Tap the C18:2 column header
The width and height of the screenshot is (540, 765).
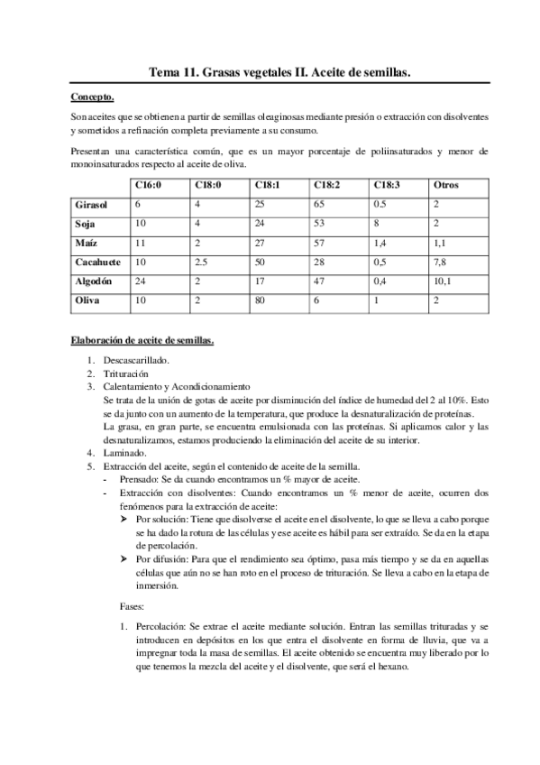(327, 186)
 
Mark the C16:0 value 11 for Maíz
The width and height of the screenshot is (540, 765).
(140, 243)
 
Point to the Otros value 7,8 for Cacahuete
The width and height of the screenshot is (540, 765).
(441, 262)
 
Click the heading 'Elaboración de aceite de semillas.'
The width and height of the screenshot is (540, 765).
(142, 341)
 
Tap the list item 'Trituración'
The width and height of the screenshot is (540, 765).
(132, 373)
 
